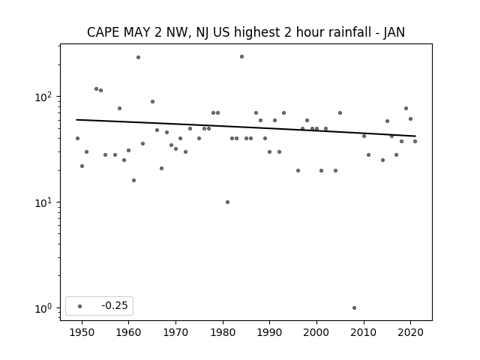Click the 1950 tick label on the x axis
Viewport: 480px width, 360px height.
[x=82, y=333]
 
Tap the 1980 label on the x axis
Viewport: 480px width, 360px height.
[x=223, y=333]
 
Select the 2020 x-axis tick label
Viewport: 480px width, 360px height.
[x=410, y=333]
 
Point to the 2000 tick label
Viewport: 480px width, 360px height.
[x=316, y=333]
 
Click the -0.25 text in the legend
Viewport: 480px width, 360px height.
[x=115, y=305]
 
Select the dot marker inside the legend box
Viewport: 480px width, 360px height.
[x=80, y=306]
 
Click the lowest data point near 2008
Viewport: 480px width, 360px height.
[x=354, y=308]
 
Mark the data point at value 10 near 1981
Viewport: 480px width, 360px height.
[x=227, y=202]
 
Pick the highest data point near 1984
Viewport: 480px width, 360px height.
[x=241, y=57]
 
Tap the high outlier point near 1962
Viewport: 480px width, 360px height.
[x=138, y=57]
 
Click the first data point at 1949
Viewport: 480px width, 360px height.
[x=77, y=138]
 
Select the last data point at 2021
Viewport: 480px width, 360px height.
[x=415, y=142]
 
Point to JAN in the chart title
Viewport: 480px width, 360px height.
[x=394, y=32]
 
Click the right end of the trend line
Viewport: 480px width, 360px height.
[x=415, y=136]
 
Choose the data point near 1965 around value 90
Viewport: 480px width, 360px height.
[x=152, y=102]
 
